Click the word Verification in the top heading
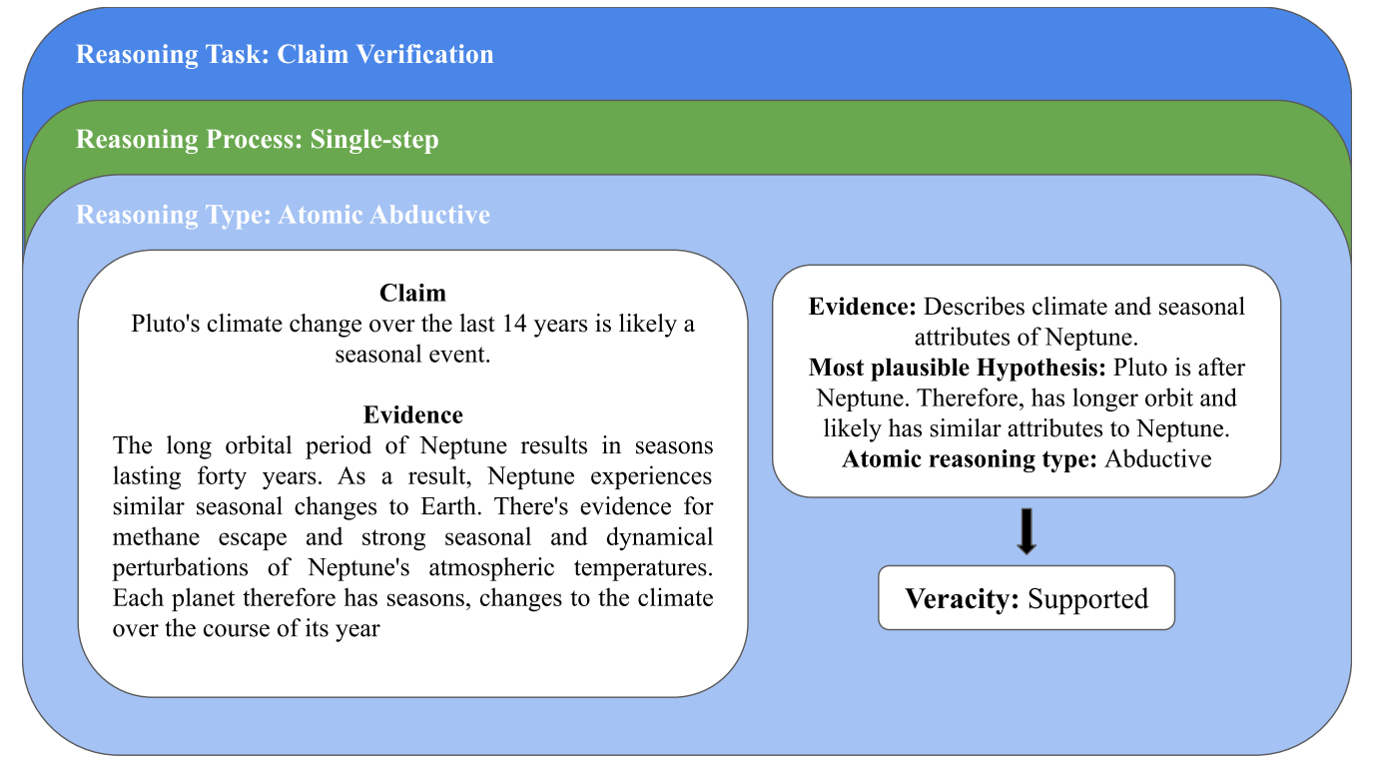click(x=430, y=54)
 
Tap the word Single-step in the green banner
click(x=374, y=140)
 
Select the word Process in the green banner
click(x=252, y=140)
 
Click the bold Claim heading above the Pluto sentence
click(x=412, y=294)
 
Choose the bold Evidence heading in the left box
click(x=412, y=415)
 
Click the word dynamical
click(x=659, y=538)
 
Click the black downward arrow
click(x=1027, y=530)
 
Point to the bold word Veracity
click(x=962, y=599)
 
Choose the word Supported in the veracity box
click(x=1087, y=599)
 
